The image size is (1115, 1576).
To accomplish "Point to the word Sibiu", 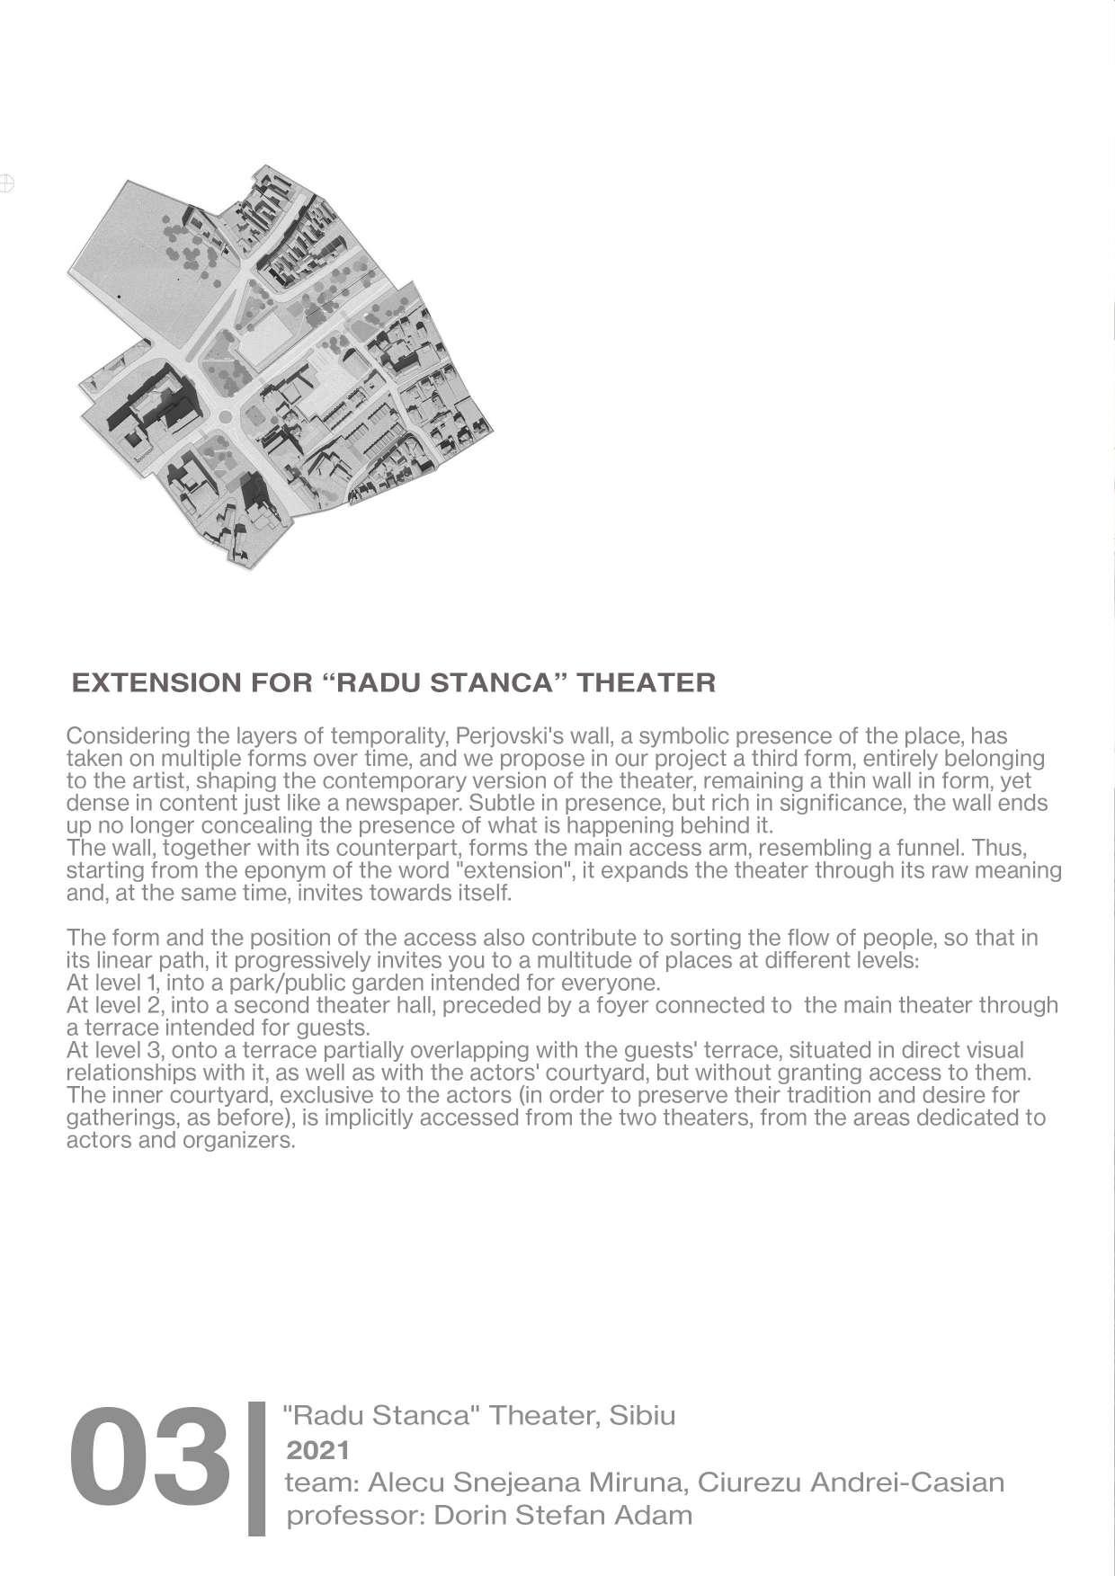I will click(x=642, y=1415).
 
